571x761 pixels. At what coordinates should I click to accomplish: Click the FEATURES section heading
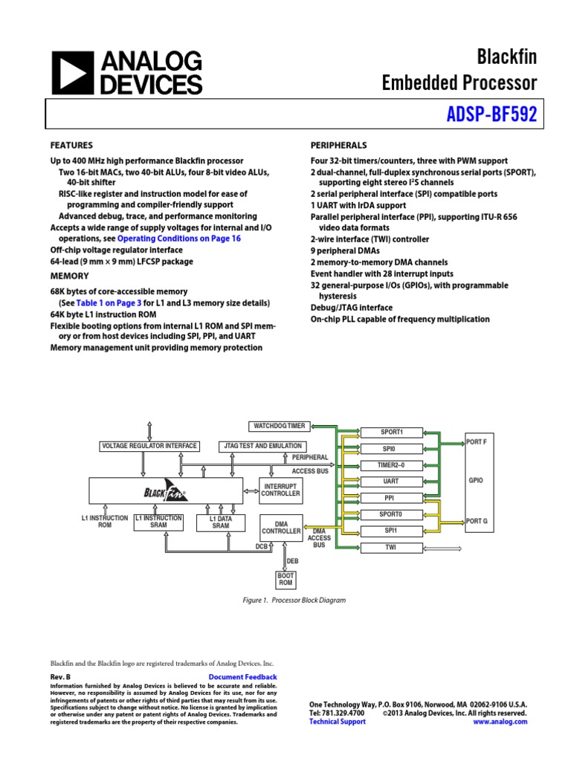71,146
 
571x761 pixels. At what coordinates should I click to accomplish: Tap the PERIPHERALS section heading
338,146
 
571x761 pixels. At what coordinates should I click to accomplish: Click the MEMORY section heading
69,276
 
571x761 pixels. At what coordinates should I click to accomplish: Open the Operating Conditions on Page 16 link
179,239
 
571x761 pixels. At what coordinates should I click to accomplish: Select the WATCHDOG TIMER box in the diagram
279,426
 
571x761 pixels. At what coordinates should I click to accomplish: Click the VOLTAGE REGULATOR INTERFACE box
149,446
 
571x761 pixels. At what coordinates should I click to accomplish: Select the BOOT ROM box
285,580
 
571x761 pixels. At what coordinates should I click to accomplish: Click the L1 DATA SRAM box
221,522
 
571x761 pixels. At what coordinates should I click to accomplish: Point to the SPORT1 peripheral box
391,432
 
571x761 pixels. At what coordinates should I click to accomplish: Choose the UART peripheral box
391,482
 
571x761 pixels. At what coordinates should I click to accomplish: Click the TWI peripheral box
391,548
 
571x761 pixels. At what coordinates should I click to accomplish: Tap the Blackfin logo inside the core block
165,491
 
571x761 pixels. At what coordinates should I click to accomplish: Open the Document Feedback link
243,677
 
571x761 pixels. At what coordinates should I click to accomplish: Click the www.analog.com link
500,722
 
